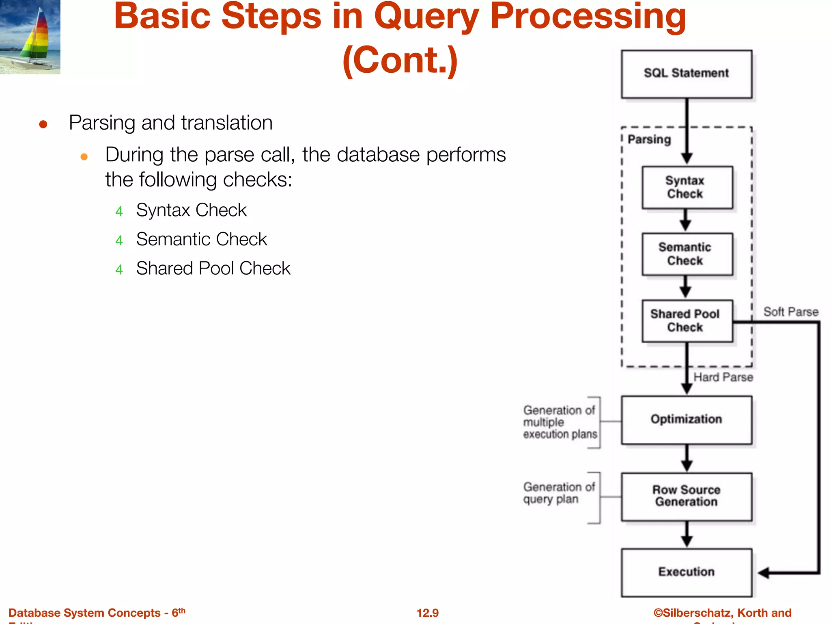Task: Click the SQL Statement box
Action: click(686, 74)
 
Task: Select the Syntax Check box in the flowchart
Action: click(687, 187)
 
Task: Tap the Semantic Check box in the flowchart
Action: click(687, 254)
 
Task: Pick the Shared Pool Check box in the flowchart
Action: click(687, 321)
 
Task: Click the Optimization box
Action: click(686, 420)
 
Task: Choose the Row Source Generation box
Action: click(686, 496)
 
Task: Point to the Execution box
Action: click(686, 572)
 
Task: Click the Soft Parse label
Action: click(790, 312)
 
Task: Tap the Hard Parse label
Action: click(723, 377)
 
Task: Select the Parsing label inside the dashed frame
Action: click(649, 139)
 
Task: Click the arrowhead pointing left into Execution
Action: click(764, 573)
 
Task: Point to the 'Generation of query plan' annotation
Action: click(558, 493)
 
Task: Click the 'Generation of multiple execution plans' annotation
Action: click(560, 422)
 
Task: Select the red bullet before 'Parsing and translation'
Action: click(43, 124)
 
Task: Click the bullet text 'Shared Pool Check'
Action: click(213, 269)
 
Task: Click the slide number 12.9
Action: click(427, 613)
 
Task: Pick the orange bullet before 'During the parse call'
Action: click(84, 157)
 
